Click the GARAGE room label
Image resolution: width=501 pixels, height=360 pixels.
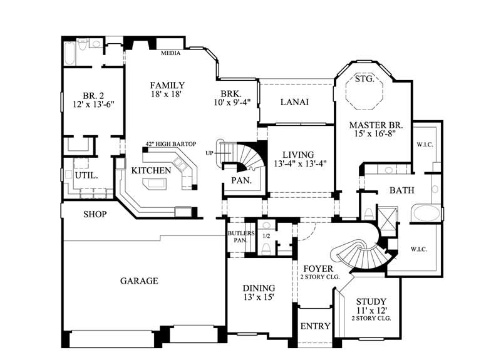point(139,281)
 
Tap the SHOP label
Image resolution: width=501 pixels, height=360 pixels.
point(95,214)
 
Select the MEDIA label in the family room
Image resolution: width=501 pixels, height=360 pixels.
point(170,53)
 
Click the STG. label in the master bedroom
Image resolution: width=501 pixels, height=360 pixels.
point(364,80)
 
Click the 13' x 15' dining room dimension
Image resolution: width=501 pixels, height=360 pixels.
point(259,297)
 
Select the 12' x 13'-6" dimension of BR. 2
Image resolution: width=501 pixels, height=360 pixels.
point(93,107)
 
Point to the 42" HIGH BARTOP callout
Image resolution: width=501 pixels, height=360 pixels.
point(170,143)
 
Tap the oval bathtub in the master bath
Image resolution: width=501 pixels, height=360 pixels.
point(426,213)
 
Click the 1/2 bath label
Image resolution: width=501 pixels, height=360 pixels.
point(266,236)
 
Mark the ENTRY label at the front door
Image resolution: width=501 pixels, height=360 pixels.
point(315,327)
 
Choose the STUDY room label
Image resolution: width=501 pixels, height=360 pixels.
point(371,301)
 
